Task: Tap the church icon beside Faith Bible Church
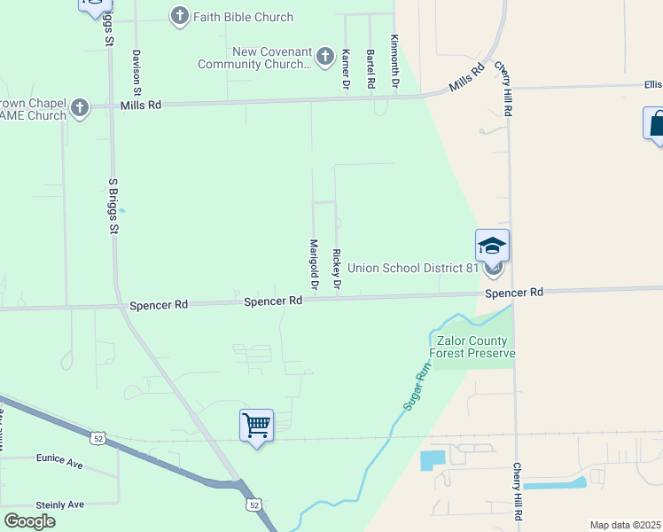tap(179, 16)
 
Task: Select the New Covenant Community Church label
tap(254, 59)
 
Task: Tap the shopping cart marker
tap(256, 426)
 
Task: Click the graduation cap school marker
tap(492, 246)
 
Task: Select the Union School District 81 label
tap(413, 268)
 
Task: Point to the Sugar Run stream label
tap(417, 390)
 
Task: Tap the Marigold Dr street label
tap(314, 264)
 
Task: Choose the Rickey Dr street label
tap(337, 270)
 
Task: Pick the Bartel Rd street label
tap(370, 68)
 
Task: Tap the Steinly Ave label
tap(58, 504)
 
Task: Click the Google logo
tap(29, 520)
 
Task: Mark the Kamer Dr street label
tap(346, 68)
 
